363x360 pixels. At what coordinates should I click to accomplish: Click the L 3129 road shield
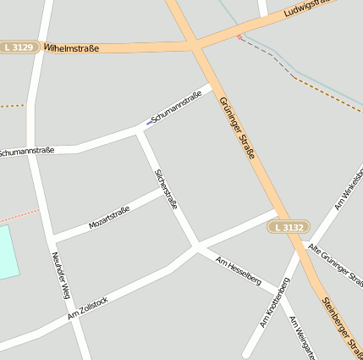click(x=19, y=47)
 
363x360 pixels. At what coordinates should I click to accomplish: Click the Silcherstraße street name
click(x=166, y=190)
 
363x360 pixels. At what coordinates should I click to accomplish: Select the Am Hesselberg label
click(x=239, y=269)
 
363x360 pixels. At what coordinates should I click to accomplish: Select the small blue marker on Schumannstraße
click(x=150, y=123)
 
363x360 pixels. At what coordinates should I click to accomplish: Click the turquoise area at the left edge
click(x=8, y=252)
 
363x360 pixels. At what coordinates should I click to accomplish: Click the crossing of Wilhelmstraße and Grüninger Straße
click(x=195, y=42)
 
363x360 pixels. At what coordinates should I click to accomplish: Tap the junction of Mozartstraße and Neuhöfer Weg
click(x=53, y=238)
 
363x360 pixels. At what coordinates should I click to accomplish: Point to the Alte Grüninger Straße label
click(x=336, y=263)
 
